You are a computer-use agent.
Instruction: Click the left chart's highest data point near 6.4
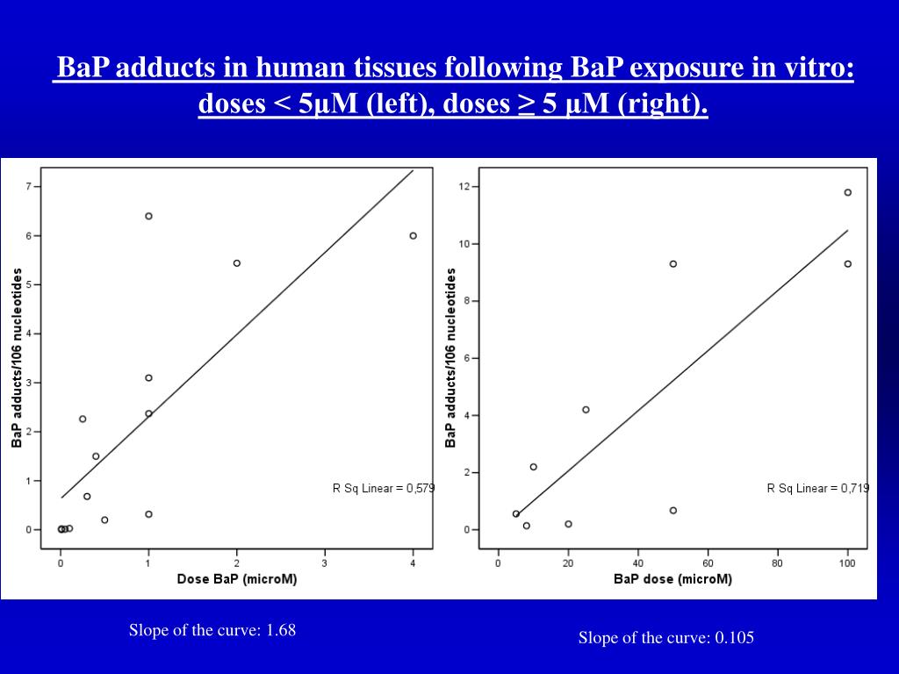pos(148,216)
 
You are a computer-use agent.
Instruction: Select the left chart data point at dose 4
pos(413,235)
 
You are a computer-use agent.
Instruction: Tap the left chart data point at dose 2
pos(237,263)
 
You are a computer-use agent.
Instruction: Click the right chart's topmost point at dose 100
pos(847,192)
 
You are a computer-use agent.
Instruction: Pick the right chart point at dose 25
pos(586,410)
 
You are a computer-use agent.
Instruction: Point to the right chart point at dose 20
pos(568,524)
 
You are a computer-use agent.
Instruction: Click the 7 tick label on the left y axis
pos(28,187)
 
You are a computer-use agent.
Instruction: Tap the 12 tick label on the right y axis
pos(464,186)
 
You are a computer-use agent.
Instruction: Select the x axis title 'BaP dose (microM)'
pos(672,579)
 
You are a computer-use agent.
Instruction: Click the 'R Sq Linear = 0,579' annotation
pos(383,488)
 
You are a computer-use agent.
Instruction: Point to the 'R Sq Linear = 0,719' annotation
pos(817,488)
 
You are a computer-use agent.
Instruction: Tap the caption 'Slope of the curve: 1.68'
pos(212,630)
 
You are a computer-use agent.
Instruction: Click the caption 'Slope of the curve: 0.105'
pos(665,638)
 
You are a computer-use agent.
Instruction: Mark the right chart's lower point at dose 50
pos(673,511)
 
